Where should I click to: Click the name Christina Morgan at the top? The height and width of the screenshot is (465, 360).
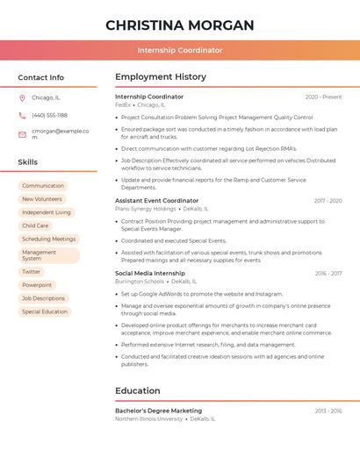180,25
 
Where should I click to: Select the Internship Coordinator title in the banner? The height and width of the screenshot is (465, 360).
180,51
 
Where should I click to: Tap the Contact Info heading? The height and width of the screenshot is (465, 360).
41,77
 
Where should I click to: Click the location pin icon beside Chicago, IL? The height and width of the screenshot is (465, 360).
22,98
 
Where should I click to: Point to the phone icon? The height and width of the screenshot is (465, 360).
22,115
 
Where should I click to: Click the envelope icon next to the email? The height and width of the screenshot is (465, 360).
22,133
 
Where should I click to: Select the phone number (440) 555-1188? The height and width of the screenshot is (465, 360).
49,115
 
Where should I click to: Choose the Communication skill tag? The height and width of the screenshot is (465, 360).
43,186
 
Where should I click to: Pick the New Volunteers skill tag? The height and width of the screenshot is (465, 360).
42,199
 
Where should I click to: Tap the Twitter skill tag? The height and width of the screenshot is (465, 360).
32,272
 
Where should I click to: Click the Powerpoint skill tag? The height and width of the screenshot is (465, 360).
37,285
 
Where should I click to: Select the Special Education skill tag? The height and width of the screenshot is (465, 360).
45,311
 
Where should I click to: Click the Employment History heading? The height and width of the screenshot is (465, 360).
161,77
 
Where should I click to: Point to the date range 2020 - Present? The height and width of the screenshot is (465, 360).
323,97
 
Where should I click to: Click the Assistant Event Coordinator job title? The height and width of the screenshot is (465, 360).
157,201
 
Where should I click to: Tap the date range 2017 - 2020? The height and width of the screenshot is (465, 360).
328,201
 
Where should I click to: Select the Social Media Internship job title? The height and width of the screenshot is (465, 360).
150,274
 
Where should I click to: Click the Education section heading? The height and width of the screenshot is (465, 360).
138,391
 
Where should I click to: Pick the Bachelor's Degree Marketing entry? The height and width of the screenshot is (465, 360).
158,411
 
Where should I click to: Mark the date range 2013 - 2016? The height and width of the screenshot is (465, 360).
328,411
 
